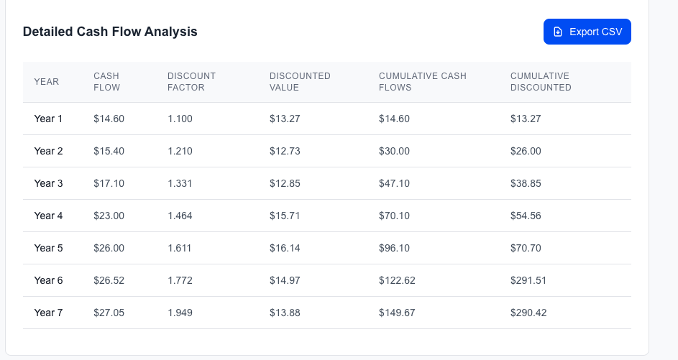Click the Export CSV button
587,32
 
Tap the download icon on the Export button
558,32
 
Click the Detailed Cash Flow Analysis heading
110,32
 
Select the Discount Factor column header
191,82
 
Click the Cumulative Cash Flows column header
423,82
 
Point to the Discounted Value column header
300,82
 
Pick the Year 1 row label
48,119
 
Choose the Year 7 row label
48,313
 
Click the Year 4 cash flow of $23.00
109,216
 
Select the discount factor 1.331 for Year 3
180,183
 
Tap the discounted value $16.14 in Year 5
285,248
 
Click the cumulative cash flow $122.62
397,280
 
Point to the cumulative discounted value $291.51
528,280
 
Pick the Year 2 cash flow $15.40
109,152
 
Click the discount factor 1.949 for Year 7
180,313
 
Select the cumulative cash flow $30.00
394,152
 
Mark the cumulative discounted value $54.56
526,216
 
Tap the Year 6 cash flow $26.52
109,280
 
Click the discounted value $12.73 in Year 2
285,152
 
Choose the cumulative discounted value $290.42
528,313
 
